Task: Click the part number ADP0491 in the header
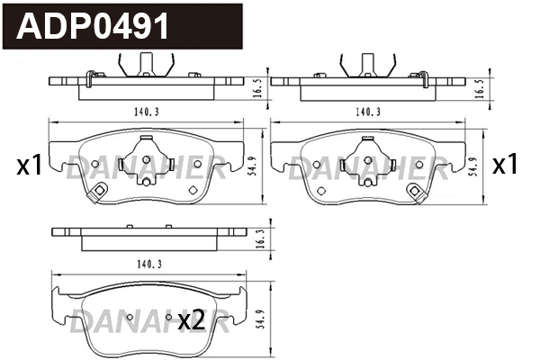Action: point(93,26)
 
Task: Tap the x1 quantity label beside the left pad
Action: point(30,165)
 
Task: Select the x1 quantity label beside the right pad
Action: point(505,164)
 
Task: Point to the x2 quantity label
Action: point(192,321)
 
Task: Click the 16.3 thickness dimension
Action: point(261,239)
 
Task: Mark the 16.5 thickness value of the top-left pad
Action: point(257,88)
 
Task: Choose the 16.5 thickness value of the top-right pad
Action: point(480,88)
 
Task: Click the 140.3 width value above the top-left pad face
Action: point(147,112)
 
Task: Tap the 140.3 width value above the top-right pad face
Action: point(368,112)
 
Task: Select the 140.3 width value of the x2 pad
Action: point(149,265)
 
